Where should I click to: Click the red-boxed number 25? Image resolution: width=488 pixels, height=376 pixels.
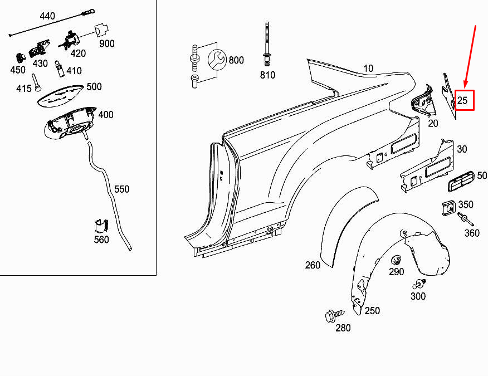[x=463, y=101]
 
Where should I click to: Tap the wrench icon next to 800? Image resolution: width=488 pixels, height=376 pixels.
[x=217, y=60]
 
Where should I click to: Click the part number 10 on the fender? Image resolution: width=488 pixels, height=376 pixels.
[x=368, y=69]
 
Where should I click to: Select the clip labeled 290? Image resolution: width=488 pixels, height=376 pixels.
[x=396, y=260]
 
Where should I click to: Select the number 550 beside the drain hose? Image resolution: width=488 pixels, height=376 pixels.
[x=121, y=189]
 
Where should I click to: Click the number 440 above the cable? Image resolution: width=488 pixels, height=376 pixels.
[x=47, y=16]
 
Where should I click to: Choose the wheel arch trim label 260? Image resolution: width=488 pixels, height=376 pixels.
[x=313, y=265]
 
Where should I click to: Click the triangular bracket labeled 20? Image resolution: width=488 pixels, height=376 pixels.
[x=423, y=101]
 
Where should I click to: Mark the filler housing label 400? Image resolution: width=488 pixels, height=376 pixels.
[x=105, y=115]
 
